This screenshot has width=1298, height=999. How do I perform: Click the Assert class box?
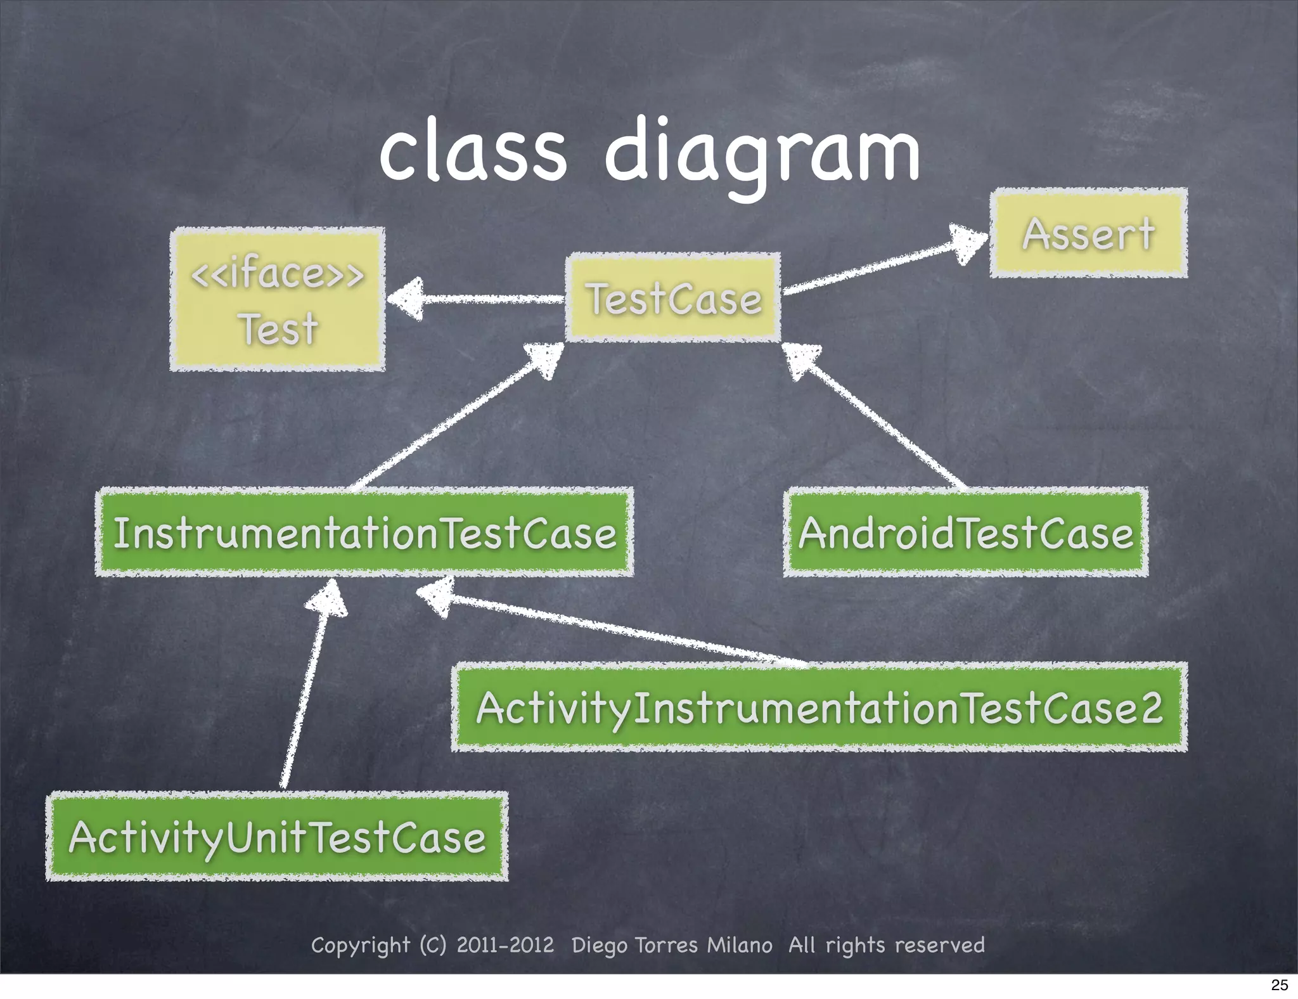(1088, 233)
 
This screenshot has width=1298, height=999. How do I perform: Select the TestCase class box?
(673, 298)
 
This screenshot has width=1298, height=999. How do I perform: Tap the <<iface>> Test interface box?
(278, 299)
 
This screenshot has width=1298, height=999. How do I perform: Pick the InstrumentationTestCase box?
(364, 532)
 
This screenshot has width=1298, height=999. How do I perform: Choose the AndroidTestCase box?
(965, 532)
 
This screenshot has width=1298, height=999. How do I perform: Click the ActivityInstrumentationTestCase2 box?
(819, 707)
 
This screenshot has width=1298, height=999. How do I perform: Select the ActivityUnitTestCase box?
(277, 837)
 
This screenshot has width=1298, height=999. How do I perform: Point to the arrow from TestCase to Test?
(475, 299)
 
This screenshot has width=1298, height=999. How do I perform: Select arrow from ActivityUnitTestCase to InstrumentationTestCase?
(307, 685)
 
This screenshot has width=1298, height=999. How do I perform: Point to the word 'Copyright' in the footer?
(360, 945)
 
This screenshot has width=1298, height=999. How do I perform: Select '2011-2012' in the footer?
(505, 945)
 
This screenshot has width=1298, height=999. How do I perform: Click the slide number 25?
(1280, 985)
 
